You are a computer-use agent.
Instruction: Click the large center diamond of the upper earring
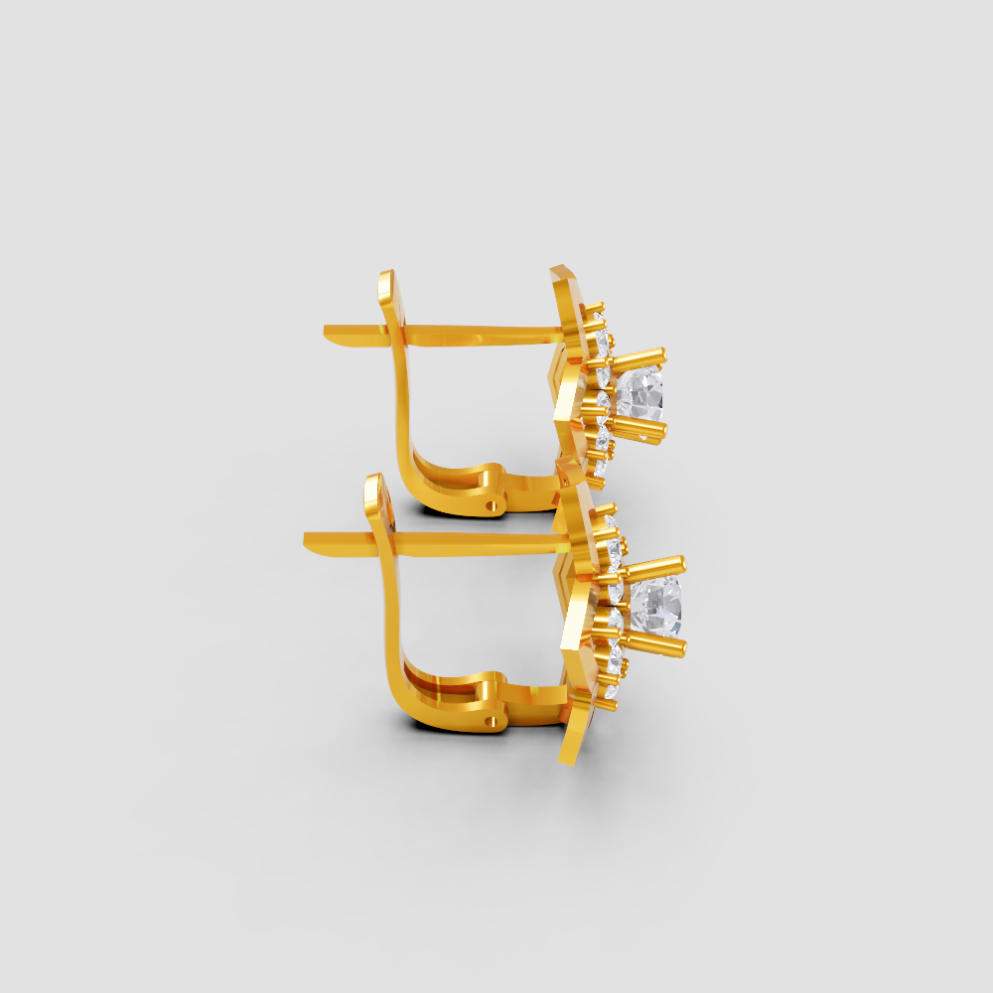coord(639,392)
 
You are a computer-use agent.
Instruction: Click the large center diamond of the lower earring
coord(657,607)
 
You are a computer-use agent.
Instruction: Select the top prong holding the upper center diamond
coord(640,355)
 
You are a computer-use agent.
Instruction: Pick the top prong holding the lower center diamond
coord(657,565)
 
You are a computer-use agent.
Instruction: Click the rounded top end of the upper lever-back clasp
coord(385,282)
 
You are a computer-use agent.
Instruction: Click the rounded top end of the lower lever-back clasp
coord(372,487)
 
